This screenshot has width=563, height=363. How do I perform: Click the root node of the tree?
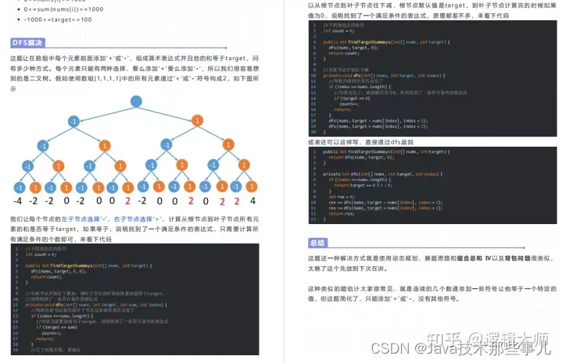136,101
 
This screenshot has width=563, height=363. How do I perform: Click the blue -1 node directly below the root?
73,122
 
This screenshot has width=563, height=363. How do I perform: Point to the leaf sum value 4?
252,201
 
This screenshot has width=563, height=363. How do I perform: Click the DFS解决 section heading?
27,42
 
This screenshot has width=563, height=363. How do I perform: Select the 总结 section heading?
318,243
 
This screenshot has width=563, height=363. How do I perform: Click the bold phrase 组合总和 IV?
476,258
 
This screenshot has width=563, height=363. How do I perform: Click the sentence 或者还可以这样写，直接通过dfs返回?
364,142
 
